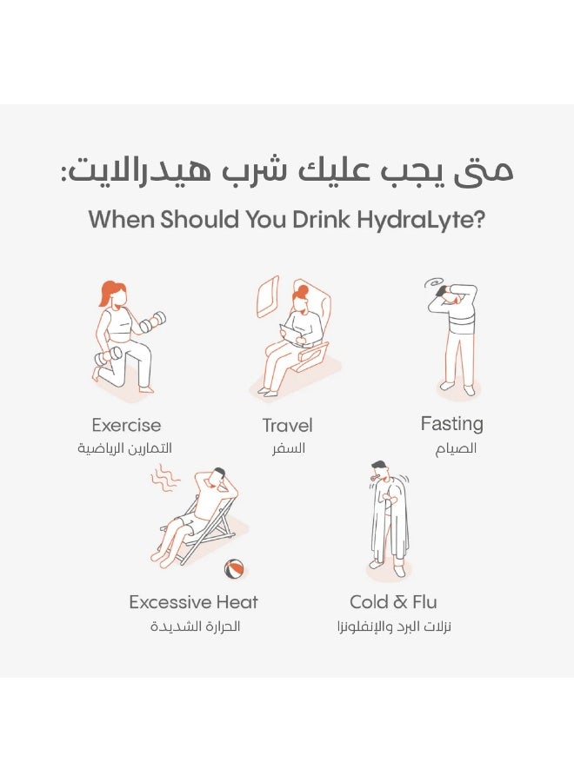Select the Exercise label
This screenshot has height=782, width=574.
(x=126, y=425)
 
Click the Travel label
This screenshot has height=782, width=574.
(x=288, y=426)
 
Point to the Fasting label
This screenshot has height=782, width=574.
(x=451, y=424)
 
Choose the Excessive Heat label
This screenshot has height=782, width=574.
(x=194, y=602)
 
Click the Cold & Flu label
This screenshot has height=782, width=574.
(x=393, y=602)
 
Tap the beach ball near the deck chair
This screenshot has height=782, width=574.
(x=234, y=569)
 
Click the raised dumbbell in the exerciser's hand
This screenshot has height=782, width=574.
(x=153, y=321)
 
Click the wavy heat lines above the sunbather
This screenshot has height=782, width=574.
(x=165, y=478)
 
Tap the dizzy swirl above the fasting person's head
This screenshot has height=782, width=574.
(x=430, y=284)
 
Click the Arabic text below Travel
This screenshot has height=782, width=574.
(x=288, y=447)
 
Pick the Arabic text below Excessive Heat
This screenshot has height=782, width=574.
(x=195, y=626)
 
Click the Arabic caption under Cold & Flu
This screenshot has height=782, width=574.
(x=394, y=626)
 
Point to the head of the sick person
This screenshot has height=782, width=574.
(x=379, y=469)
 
